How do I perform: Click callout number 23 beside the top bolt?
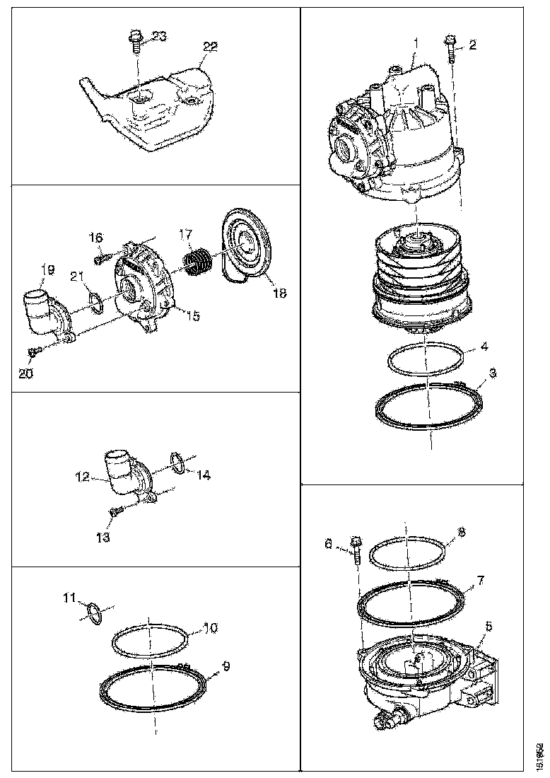pyautogui.click(x=159, y=37)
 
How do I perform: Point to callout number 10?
pyautogui.click(x=211, y=627)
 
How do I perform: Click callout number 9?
pyautogui.click(x=226, y=666)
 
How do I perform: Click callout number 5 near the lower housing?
pyautogui.click(x=488, y=627)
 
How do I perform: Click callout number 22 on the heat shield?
pyautogui.click(x=210, y=46)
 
